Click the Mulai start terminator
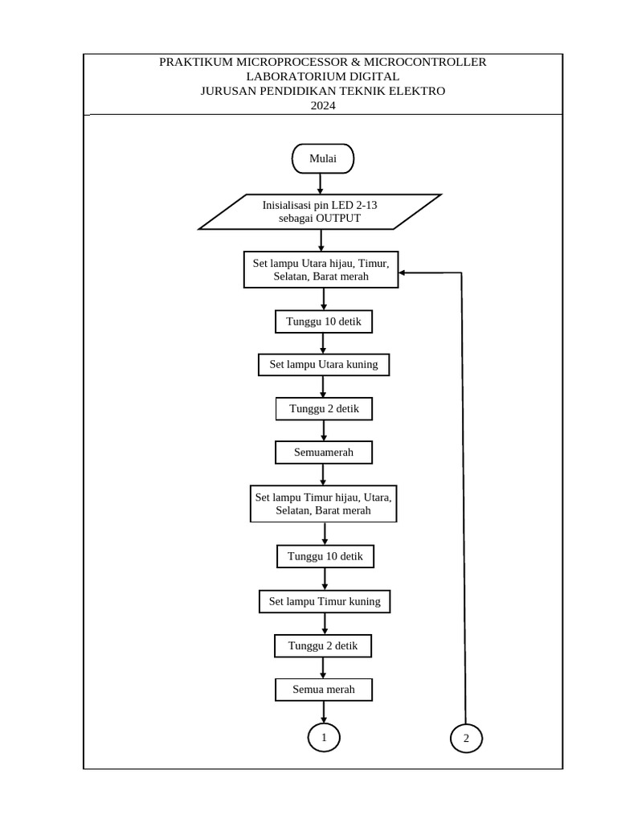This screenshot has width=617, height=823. point(322,158)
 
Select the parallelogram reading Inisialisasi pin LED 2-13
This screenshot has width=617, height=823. point(320,211)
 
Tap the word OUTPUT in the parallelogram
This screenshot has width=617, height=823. point(337,219)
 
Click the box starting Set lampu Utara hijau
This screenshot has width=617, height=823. point(321,270)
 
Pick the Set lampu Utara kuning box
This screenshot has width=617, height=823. point(323,365)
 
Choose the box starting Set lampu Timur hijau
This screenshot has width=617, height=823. point(323,504)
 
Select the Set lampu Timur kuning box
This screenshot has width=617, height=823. point(325,601)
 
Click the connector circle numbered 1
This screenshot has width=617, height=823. point(324,737)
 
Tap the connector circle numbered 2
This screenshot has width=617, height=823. point(466,738)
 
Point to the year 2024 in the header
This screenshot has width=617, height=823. point(322,104)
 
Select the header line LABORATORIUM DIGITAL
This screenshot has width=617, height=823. point(322,76)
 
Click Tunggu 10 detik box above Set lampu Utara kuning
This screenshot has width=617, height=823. point(324,322)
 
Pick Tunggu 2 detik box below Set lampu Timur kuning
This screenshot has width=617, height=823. point(323,646)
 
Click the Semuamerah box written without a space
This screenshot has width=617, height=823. point(323,453)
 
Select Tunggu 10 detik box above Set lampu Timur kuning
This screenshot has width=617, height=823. point(325,556)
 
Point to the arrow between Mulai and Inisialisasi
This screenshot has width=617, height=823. point(321,183)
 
